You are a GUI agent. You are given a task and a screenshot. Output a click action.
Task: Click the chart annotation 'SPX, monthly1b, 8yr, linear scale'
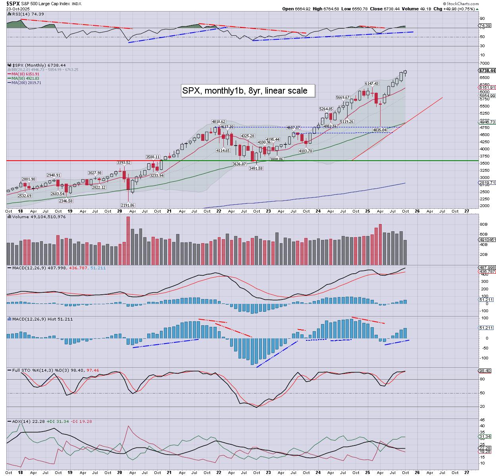244,91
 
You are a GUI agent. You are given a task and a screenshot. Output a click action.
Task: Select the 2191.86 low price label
128,205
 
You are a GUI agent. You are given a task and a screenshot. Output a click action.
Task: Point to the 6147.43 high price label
372,84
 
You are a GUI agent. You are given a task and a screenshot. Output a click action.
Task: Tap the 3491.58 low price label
256,169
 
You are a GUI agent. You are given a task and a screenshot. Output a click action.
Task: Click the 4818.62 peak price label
219,122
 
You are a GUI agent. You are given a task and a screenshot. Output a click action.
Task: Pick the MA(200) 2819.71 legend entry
26,83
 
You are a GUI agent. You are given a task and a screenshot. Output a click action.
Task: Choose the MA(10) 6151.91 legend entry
25,74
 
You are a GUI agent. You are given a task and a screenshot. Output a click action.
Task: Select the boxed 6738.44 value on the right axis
487,71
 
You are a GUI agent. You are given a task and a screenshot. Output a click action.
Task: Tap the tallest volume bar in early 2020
128,240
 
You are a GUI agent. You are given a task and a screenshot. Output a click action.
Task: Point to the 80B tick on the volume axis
484,225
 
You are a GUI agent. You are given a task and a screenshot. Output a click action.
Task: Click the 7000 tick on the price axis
484,63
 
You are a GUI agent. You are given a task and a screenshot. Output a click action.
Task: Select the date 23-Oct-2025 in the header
19,8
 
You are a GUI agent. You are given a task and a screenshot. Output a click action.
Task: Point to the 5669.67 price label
343,98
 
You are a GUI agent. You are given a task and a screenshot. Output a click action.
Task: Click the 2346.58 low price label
66,201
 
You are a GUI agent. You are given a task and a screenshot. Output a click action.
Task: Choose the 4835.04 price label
380,130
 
